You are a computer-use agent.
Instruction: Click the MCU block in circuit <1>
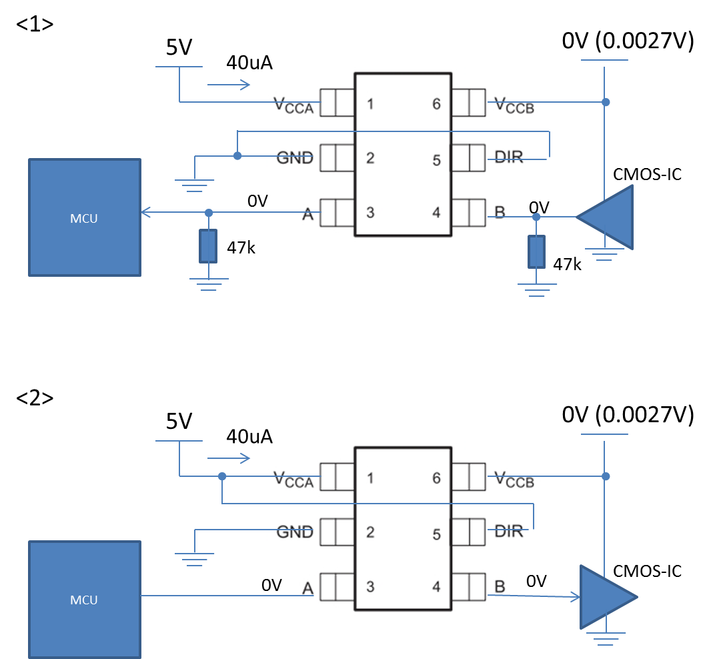click(85, 217)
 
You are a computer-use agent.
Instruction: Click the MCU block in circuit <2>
click(85, 600)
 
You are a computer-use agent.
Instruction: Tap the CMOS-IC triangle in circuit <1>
click(605, 217)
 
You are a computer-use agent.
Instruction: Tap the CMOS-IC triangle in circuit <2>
click(609, 597)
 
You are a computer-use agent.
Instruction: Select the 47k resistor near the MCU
click(208, 246)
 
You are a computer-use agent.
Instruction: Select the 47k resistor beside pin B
click(536, 251)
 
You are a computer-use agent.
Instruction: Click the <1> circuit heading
click(35, 24)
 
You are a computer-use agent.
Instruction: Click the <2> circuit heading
click(35, 398)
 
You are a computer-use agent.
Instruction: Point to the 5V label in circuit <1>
click(179, 47)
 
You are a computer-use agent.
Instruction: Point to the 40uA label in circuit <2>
click(249, 436)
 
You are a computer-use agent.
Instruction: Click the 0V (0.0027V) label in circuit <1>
click(628, 41)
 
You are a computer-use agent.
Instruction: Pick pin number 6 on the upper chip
click(436, 104)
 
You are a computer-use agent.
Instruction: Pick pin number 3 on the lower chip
click(370, 586)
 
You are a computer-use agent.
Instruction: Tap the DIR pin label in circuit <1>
click(509, 157)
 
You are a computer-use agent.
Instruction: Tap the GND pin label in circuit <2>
click(295, 532)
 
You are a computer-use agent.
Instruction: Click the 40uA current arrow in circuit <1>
click(229, 85)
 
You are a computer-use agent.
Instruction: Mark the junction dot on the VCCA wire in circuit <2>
click(221, 476)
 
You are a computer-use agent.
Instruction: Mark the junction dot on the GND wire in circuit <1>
click(237, 156)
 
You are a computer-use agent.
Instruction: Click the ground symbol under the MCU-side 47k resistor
click(209, 284)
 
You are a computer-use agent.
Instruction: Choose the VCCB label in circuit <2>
click(514, 480)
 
